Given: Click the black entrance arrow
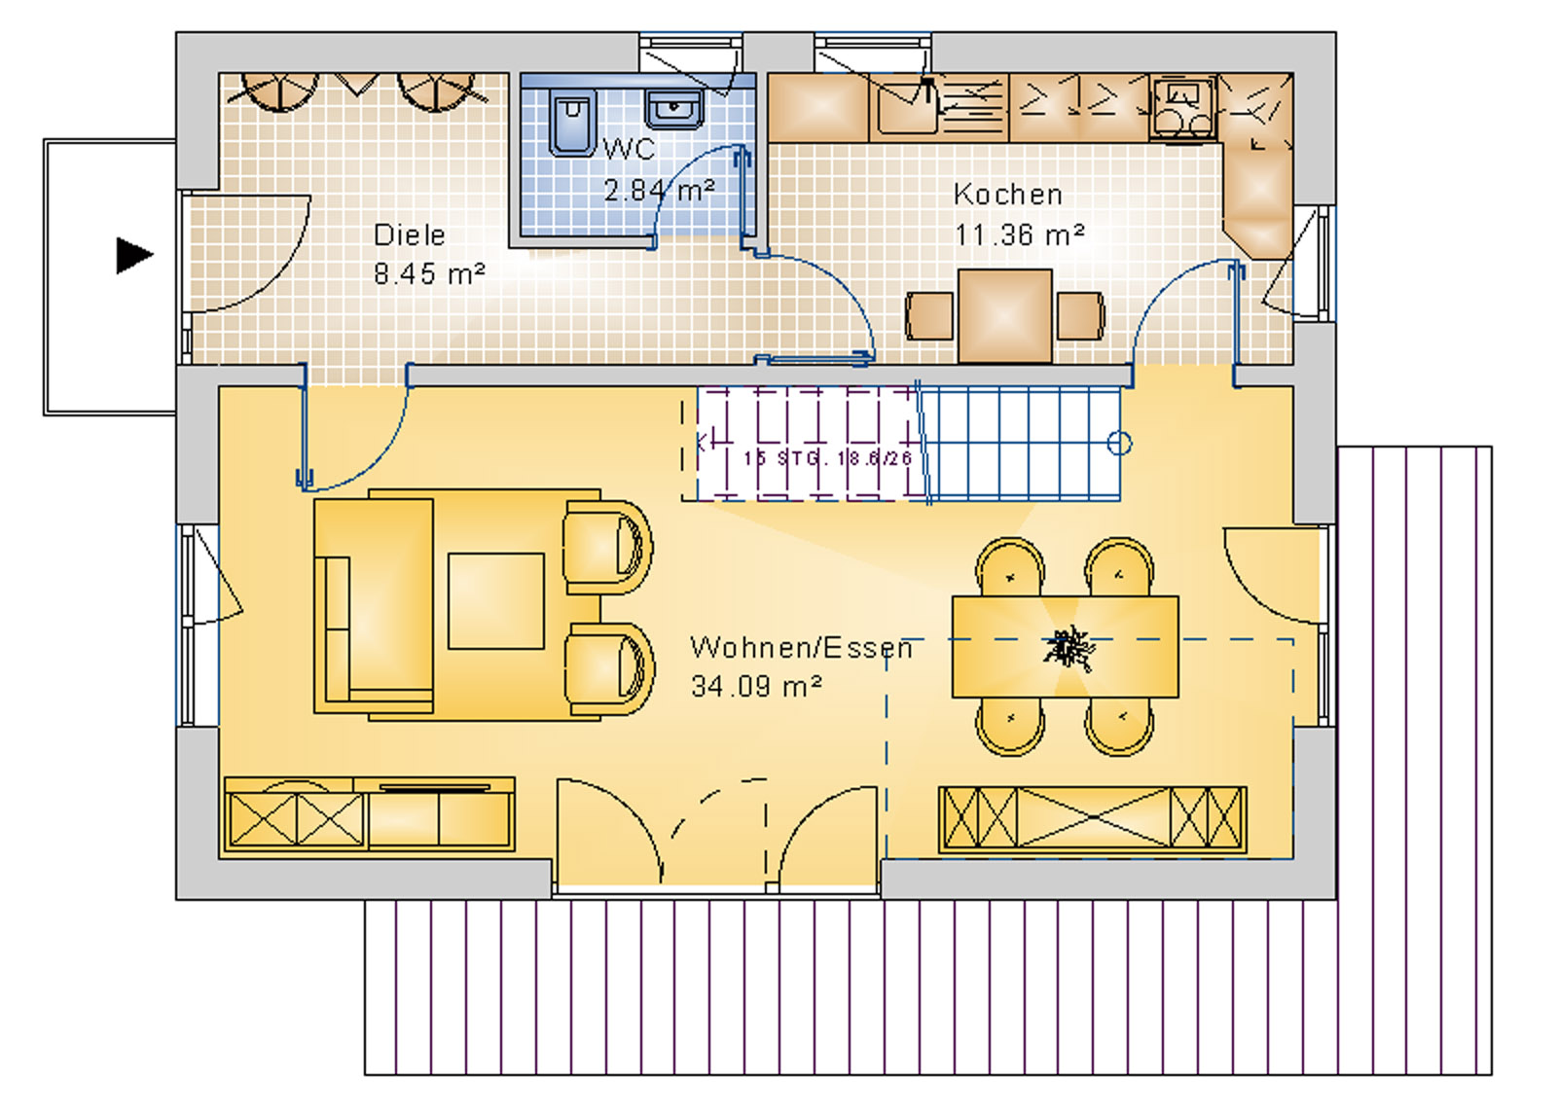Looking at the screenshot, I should [134, 255].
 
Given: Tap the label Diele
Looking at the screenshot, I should [409, 234].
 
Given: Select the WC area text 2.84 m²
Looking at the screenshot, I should [659, 190].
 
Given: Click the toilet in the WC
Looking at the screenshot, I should [571, 123].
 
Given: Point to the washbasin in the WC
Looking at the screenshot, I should [674, 110].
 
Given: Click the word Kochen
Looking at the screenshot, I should [1007, 194].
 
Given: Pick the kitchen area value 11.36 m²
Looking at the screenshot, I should [1019, 234].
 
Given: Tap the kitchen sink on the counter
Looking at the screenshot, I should [903, 107].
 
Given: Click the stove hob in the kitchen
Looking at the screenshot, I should [1182, 108].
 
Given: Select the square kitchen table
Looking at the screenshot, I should [1004, 315].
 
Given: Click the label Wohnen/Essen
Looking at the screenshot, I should [801, 647].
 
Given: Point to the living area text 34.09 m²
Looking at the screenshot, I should [756, 686].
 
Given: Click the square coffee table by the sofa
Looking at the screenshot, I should [495, 600].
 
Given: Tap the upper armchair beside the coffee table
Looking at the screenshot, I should [608, 548].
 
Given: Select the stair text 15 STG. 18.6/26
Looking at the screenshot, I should [827, 457].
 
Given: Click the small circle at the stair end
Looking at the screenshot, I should [1120, 444].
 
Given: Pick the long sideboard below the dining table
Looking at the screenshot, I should [1092, 818].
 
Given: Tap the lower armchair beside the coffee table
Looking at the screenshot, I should [608, 671].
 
